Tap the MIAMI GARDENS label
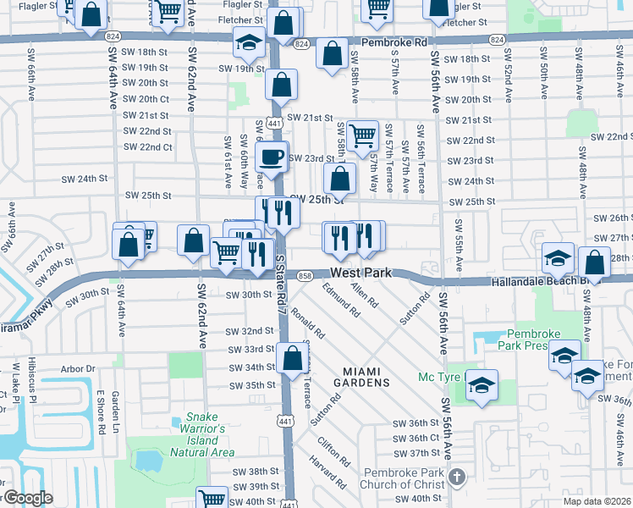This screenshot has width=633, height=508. (366, 377)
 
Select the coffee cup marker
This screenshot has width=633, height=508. (272, 157)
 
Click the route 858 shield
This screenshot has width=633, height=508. (306, 277)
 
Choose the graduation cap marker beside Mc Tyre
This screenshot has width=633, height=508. (482, 385)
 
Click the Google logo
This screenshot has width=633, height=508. (27, 498)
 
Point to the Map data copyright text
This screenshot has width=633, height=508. (597, 501)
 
